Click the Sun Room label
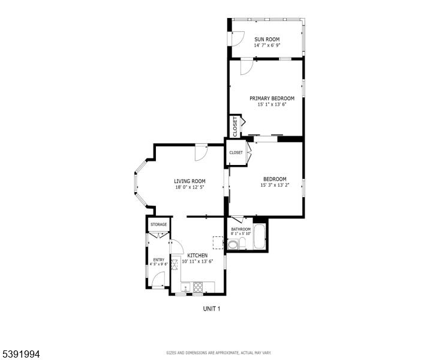[x=267, y=39]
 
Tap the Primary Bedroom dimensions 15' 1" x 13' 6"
[x=272, y=104]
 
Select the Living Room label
[x=190, y=181]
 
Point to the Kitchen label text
[x=197, y=256]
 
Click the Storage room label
[x=159, y=224]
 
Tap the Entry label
[x=159, y=260]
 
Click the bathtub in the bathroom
[x=259, y=236]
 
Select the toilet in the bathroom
[x=242, y=242]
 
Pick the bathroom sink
[x=232, y=245]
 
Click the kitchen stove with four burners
[x=198, y=287]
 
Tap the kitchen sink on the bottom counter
[x=185, y=287]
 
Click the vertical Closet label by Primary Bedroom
[x=235, y=127]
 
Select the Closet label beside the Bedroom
[x=236, y=152]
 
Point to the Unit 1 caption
[x=211, y=309]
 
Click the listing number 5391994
[x=20, y=354]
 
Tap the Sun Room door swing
[x=238, y=38]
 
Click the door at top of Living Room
[x=201, y=153]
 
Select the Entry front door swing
[x=158, y=279]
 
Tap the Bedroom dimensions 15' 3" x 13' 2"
[x=275, y=185]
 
